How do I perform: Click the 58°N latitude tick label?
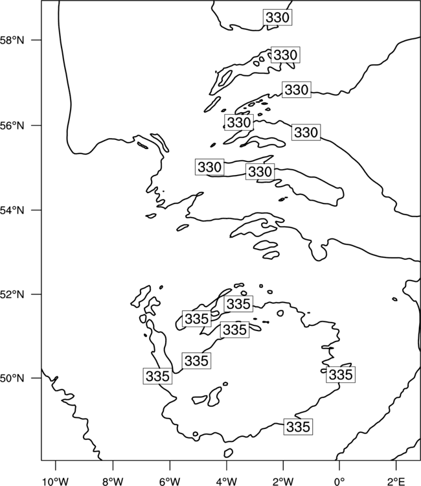(12, 40)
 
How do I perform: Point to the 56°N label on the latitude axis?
(12, 126)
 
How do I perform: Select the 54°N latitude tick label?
(12, 210)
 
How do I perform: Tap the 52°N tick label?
(12, 294)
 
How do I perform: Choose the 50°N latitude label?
(12, 378)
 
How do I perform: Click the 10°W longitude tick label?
(56, 481)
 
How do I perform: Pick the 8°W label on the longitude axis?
(113, 481)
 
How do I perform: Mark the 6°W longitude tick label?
(170, 481)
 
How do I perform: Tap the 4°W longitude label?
(227, 481)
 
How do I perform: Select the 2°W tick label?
(283, 481)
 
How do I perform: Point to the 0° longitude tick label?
(339, 481)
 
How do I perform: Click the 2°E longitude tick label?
(396, 481)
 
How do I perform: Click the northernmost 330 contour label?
(278, 17)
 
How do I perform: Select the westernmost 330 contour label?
(210, 167)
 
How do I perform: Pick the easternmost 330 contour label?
(306, 132)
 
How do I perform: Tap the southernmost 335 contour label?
(299, 427)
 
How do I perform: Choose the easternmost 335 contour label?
(341, 375)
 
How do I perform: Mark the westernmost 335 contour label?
(157, 376)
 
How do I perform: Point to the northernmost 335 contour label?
(238, 304)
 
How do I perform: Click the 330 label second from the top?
(286, 55)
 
